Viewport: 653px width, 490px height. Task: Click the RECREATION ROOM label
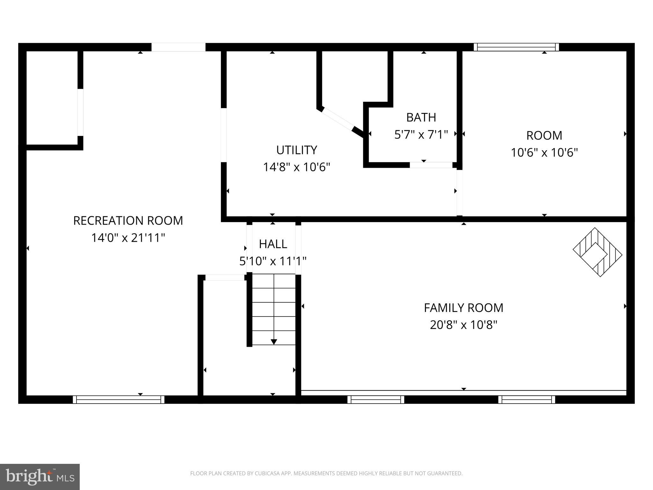pos(128,221)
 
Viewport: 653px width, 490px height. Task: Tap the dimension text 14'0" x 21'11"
pos(128,238)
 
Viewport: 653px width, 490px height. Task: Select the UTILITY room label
pos(297,150)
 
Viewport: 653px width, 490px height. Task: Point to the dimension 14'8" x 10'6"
pos(297,167)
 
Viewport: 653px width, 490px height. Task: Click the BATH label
pos(421,117)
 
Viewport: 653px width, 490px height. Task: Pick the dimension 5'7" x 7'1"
pos(421,135)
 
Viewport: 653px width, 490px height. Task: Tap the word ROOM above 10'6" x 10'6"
pos(544,136)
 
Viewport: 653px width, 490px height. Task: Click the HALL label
pos(273,244)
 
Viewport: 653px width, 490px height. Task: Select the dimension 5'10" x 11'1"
pos(273,261)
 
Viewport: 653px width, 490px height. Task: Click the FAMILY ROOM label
pos(464,308)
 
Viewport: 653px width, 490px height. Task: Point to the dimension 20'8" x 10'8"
pos(464,325)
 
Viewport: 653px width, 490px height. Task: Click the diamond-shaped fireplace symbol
pos(598,252)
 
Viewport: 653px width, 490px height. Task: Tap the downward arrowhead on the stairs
pos(274,342)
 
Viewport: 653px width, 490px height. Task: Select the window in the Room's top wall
pos(516,47)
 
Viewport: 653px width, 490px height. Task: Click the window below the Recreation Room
pos(119,399)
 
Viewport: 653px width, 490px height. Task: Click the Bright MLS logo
pos(40,477)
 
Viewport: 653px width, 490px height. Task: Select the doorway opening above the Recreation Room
pos(178,47)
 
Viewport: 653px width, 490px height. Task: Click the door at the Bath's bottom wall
pos(431,165)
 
